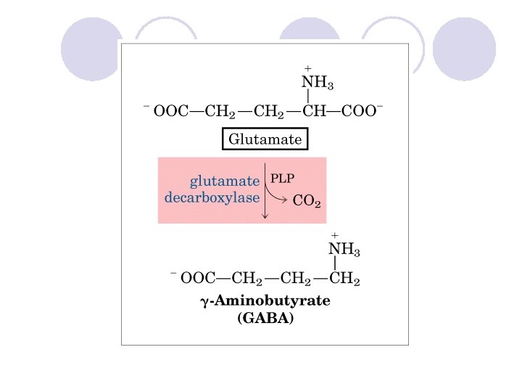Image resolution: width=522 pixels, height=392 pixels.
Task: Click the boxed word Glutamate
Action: pyautogui.click(x=265, y=138)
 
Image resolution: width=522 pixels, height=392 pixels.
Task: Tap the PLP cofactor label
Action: pyautogui.click(x=282, y=176)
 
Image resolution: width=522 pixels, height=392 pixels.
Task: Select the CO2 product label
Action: pyautogui.click(x=307, y=201)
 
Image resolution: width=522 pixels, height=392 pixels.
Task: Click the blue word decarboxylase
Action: pyautogui.click(x=212, y=197)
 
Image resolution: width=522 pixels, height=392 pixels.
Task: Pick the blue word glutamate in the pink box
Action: pyautogui.click(x=224, y=180)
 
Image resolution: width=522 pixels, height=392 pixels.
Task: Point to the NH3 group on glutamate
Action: pyautogui.click(x=317, y=83)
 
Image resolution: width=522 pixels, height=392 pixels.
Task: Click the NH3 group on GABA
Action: pyautogui.click(x=344, y=250)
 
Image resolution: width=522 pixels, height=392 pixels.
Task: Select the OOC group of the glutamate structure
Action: pyautogui.click(x=170, y=111)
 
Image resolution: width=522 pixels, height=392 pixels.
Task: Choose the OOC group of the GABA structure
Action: pyautogui.click(x=196, y=277)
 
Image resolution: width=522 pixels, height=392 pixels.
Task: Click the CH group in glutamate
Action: pyautogui.click(x=316, y=111)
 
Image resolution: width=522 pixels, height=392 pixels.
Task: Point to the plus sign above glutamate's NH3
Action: pyautogui.click(x=307, y=68)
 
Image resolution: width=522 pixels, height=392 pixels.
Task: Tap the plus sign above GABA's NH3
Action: pyautogui.click(x=334, y=235)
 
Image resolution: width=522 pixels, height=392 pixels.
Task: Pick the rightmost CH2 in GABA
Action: pyautogui.click(x=344, y=277)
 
